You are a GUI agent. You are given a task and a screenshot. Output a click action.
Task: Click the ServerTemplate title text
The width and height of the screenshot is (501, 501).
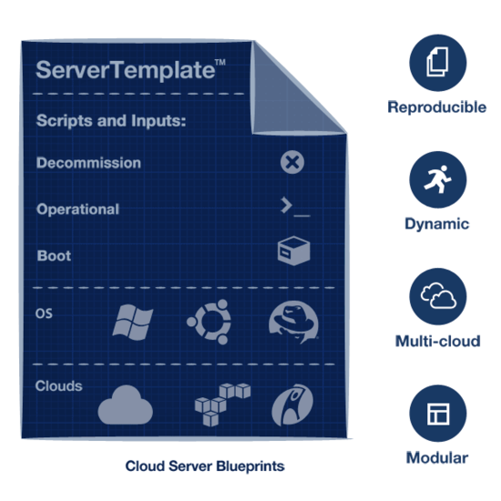(x=126, y=70)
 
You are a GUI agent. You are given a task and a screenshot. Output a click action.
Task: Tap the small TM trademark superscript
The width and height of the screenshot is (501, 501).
(x=220, y=62)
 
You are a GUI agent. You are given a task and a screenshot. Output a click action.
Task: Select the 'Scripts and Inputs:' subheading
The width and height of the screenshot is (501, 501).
(x=111, y=121)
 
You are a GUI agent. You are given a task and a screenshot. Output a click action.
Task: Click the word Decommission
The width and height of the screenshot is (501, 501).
(x=88, y=163)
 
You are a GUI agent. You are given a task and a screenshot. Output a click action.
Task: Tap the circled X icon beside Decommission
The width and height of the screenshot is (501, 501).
(x=292, y=162)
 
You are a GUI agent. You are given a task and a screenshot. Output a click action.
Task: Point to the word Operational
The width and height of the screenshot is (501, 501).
(x=77, y=210)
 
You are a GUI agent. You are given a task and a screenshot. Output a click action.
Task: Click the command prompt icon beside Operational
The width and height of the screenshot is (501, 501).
(x=295, y=207)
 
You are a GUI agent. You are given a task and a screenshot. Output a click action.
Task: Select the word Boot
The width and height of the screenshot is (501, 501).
(x=54, y=256)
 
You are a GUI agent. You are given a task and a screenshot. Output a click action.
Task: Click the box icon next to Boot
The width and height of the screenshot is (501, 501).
(x=293, y=250)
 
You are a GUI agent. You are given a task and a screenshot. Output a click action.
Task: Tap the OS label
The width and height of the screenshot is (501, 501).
(x=44, y=313)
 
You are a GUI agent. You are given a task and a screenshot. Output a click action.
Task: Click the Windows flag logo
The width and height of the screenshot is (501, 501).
(x=133, y=322)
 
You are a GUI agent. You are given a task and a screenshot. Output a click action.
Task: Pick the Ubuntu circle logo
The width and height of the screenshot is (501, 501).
(x=210, y=322)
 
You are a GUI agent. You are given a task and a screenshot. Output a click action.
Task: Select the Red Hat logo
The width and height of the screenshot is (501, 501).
(x=293, y=322)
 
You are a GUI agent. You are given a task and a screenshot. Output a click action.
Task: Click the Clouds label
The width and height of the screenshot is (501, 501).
(x=58, y=386)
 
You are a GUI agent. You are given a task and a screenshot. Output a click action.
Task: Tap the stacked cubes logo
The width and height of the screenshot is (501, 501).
(x=222, y=404)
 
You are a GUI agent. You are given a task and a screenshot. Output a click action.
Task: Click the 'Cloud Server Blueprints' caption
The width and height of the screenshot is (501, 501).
(x=205, y=465)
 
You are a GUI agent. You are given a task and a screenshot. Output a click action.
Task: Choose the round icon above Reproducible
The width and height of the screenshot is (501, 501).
(x=438, y=63)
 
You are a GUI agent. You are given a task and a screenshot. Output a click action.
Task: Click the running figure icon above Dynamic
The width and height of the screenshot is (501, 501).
(x=438, y=179)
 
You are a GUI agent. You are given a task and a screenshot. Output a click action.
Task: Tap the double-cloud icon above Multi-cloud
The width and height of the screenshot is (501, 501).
(x=438, y=297)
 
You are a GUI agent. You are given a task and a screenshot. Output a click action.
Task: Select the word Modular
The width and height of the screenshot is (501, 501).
(x=437, y=457)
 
